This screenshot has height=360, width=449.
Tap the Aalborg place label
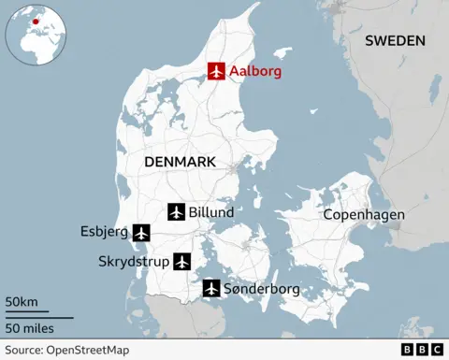tap(255, 71)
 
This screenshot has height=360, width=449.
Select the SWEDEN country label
tap(395, 40)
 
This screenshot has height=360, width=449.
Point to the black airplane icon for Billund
tap(176, 212)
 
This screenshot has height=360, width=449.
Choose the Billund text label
tap(211, 212)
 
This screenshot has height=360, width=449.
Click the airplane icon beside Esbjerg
tap(141, 232)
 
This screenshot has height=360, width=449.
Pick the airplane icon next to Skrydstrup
tap(181, 261)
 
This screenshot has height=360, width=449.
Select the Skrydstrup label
tap(134, 262)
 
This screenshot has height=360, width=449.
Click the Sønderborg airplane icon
tap(211, 289)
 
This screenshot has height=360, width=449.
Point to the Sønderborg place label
tap(262, 289)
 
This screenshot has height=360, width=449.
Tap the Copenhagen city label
tap(364, 215)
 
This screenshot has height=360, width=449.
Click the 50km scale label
tap(21, 302)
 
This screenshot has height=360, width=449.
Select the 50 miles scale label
tap(29, 327)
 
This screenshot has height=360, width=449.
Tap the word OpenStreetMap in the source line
tap(90, 350)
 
